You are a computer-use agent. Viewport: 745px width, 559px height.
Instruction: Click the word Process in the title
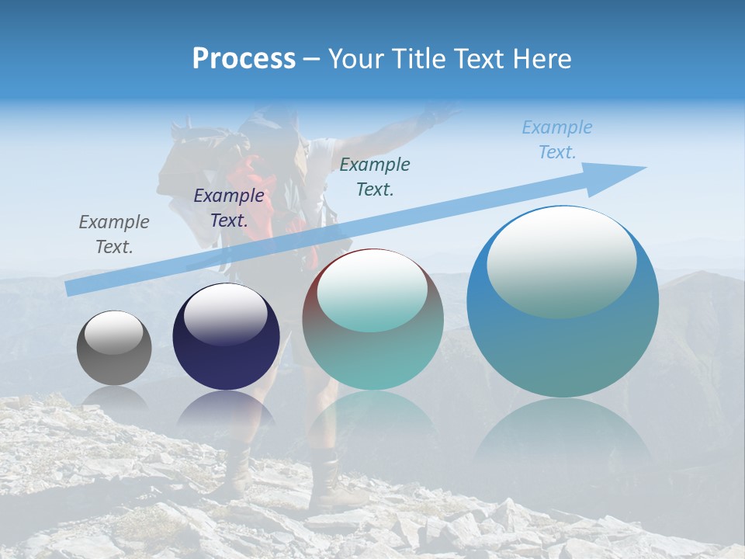(244, 59)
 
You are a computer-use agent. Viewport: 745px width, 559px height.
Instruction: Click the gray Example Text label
(114, 234)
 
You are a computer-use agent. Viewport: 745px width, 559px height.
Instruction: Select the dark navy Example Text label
(229, 208)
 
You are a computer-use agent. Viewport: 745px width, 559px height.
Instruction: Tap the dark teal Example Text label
(375, 176)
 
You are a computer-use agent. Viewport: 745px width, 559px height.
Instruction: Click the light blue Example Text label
(557, 140)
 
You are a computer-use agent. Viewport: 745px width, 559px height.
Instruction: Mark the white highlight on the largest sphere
(561, 260)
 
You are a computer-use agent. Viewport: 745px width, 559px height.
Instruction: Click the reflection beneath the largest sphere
(563, 435)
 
